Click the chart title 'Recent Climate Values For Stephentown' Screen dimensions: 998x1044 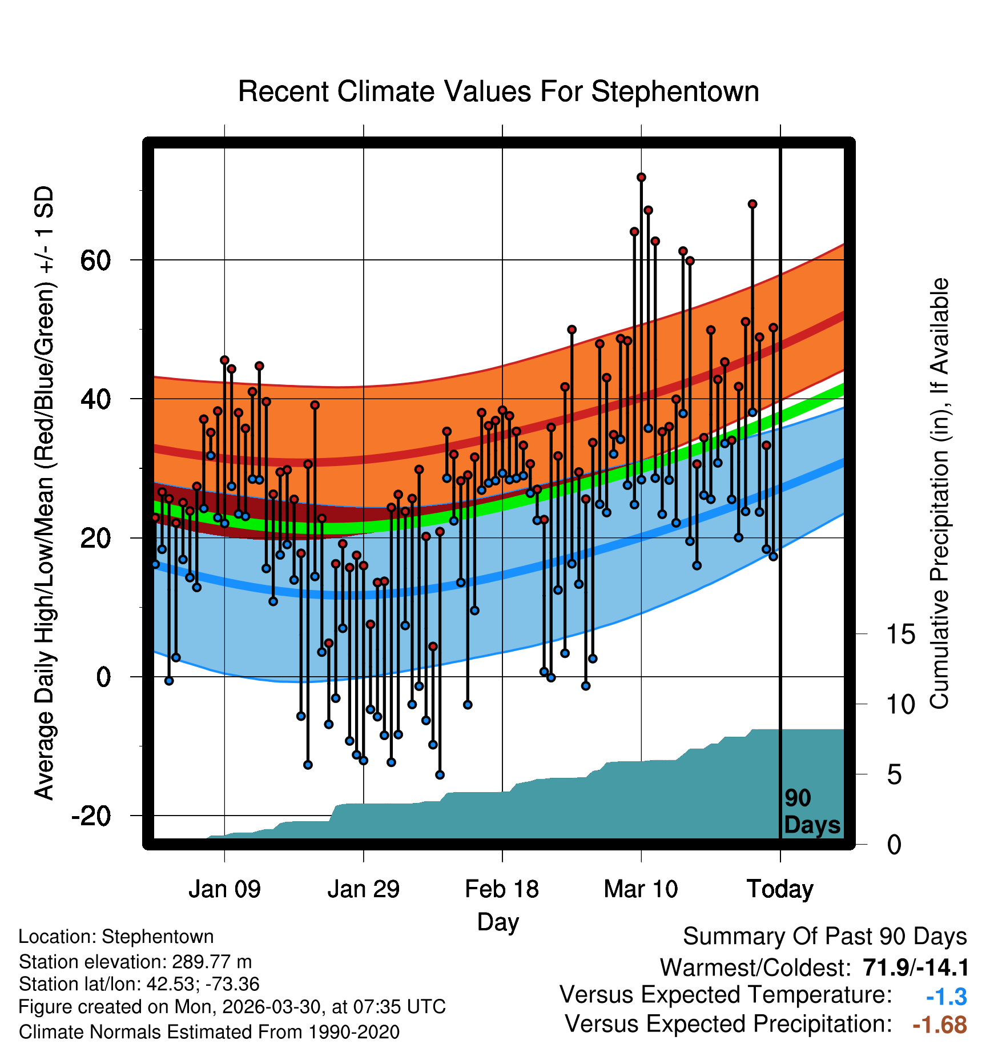click(x=498, y=91)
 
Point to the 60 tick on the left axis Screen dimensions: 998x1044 click(x=95, y=260)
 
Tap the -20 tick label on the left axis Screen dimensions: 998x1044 click(x=91, y=816)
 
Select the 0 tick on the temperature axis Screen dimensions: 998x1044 click(x=103, y=677)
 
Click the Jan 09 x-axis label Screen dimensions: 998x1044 click(x=224, y=889)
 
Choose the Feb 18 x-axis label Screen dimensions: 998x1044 click(x=502, y=889)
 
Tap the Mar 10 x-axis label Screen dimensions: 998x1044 click(x=641, y=889)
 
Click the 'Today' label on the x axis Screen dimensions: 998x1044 click(x=780, y=889)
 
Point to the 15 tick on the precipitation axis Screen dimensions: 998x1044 click(x=900, y=634)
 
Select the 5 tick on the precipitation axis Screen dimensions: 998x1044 click(x=894, y=775)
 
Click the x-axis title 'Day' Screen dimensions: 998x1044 click(x=498, y=923)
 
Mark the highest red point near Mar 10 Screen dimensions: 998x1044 click(x=641, y=178)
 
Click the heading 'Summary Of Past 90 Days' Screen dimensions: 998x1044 click(x=825, y=937)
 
